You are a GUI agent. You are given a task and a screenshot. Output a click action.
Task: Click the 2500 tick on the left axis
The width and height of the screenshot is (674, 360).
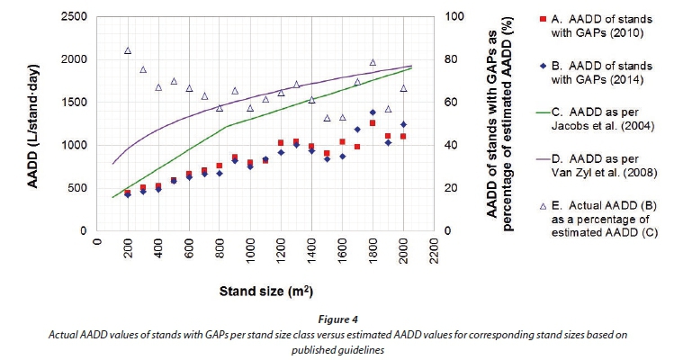pos(71,17)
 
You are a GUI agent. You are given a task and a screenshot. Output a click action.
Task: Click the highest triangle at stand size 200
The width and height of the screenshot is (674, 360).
pos(128,51)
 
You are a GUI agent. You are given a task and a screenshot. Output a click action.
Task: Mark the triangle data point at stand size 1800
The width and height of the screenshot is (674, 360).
pos(373,62)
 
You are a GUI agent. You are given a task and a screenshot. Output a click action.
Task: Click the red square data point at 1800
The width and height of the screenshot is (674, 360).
pos(373,122)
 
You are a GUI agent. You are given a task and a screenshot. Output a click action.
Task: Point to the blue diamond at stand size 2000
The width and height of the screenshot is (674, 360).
pos(403,124)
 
